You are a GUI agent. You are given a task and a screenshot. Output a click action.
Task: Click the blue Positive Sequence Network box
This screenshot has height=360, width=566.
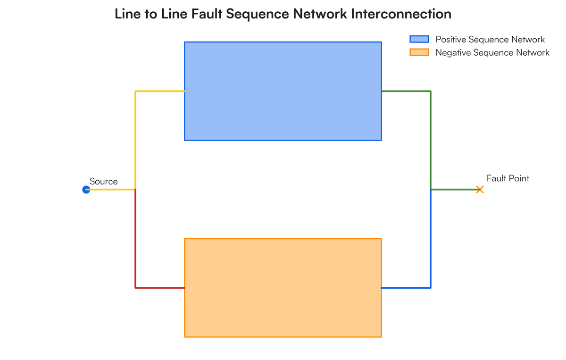[283, 91]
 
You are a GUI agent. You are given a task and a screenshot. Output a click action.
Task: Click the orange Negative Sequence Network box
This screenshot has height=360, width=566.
[283, 288]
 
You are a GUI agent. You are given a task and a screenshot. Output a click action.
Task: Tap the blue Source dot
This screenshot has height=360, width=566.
[86, 190]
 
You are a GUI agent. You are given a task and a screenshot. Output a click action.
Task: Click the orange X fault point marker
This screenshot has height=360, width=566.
[480, 190]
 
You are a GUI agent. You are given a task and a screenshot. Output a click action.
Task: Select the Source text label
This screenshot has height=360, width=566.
[104, 182]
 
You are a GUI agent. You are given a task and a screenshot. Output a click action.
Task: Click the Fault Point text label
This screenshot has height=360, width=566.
[508, 178]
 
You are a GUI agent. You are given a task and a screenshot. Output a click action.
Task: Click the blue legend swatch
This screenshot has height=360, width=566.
[419, 39]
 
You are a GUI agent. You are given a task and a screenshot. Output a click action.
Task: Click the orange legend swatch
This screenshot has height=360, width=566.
[419, 52]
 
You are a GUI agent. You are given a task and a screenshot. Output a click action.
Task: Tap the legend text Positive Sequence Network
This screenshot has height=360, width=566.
[490, 40]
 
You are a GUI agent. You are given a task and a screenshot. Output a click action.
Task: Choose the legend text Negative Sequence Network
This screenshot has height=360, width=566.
[492, 53]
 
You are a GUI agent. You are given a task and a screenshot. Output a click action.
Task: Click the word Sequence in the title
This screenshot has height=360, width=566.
[257, 14]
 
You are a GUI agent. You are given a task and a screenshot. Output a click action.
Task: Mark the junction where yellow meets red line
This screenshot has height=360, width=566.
[135, 190]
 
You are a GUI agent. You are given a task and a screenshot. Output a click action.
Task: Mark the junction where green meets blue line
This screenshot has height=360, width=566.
[431, 190]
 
